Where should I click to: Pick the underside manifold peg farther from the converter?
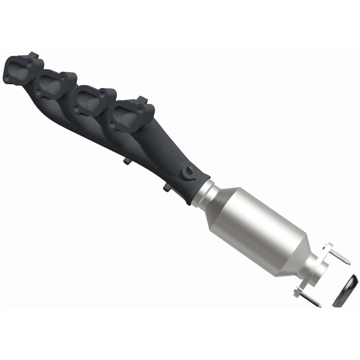click(x=124, y=160)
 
